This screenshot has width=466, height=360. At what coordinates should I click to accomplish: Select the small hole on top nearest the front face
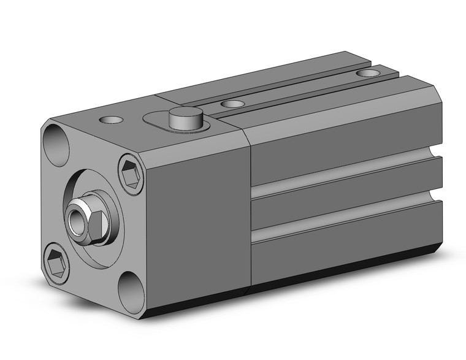112,119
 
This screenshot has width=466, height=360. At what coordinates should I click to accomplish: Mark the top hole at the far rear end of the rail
368,73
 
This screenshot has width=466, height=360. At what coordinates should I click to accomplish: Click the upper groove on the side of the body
343,176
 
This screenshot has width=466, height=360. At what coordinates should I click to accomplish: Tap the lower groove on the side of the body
343,224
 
